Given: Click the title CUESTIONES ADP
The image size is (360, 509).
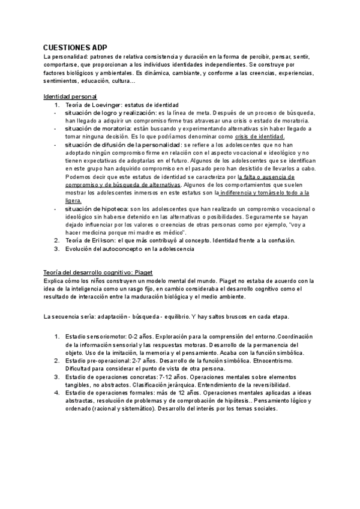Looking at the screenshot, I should [76, 47].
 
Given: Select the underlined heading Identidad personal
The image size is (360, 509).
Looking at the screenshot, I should [71, 97].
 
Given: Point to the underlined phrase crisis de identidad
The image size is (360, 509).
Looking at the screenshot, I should [260, 136].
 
